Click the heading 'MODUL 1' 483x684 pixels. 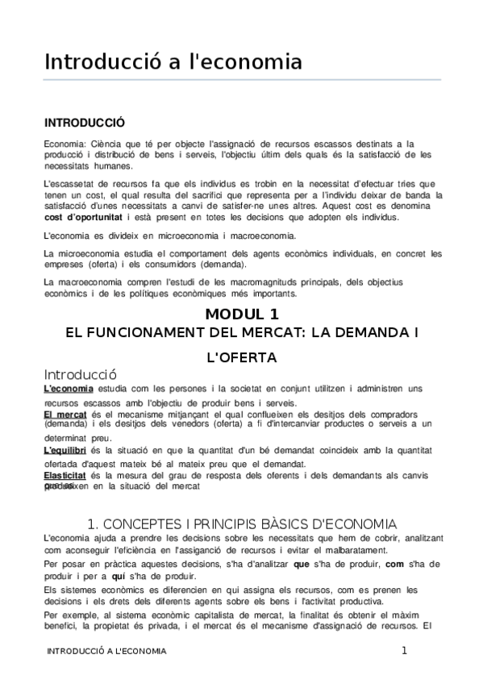click(x=242, y=313)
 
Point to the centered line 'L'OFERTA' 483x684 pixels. click(x=242, y=356)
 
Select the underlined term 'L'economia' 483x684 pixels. click(x=69, y=389)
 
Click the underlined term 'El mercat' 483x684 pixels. click(x=65, y=414)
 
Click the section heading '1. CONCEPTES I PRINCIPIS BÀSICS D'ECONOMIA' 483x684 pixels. click(x=242, y=522)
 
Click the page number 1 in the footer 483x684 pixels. click(x=405, y=651)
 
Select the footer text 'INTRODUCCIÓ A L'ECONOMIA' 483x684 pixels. click(x=106, y=652)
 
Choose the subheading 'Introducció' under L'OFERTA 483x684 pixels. click(x=81, y=374)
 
